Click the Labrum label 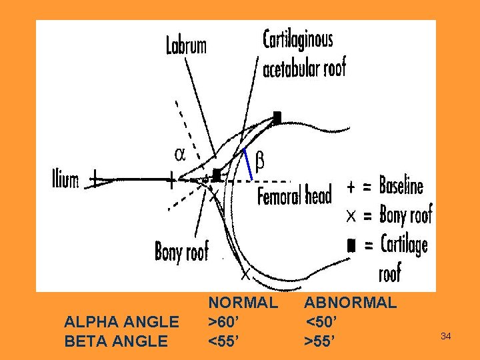point(186,45)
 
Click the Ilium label point(65,179)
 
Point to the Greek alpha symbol point(180,154)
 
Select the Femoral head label point(294,196)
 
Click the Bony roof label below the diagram point(181,251)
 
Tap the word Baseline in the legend point(401,185)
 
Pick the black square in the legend point(351,245)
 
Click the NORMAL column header point(243,303)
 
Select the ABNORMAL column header point(351,303)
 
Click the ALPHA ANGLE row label point(121,322)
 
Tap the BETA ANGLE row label point(116,341)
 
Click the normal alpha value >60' point(225,322)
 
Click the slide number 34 point(446,337)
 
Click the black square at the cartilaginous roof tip point(277,117)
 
